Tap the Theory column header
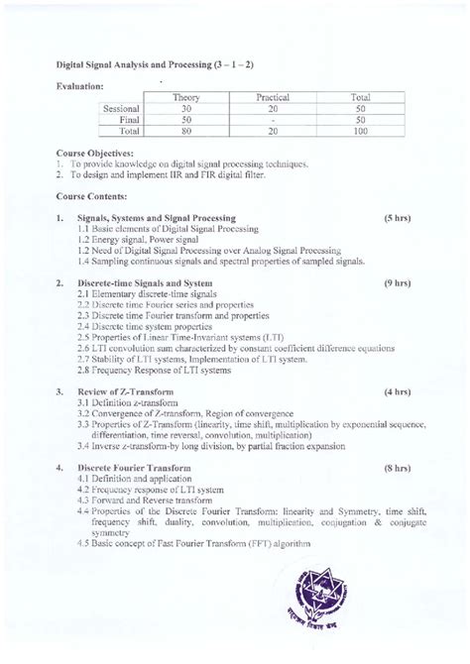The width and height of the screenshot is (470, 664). coord(186,98)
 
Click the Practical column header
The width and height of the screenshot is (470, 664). coord(272,98)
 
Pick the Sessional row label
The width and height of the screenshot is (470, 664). coord(122,108)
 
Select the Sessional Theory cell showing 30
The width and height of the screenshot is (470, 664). coord(186,108)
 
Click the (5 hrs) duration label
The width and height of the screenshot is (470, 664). coord(398,217)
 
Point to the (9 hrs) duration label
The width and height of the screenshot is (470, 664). coord(398,283)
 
